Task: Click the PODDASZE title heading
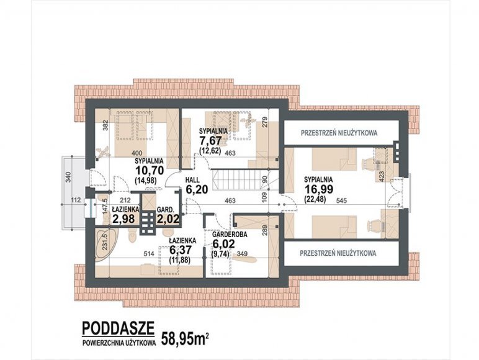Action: pyautogui.click(x=119, y=328)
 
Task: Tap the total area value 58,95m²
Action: pyautogui.click(x=185, y=338)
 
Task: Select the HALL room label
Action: pyautogui.click(x=192, y=179)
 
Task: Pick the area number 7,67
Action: pyautogui.click(x=210, y=141)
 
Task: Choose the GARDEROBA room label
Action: pyautogui.click(x=230, y=235)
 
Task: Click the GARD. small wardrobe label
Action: pyautogui.click(x=165, y=210)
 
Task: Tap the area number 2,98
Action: pyautogui.click(x=123, y=219)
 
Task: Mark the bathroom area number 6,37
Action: pyautogui.click(x=181, y=250)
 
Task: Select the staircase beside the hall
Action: pyautogui.click(x=239, y=180)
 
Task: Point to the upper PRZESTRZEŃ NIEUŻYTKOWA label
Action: pyautogui.click(x=339, y=133)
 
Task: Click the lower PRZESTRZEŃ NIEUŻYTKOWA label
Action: pyautogui.click(x=338, y=253)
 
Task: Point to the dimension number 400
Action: pyautogui.click(x=137, y=153)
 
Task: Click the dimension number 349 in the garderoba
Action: pyautogui.click(x=241, y=253)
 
